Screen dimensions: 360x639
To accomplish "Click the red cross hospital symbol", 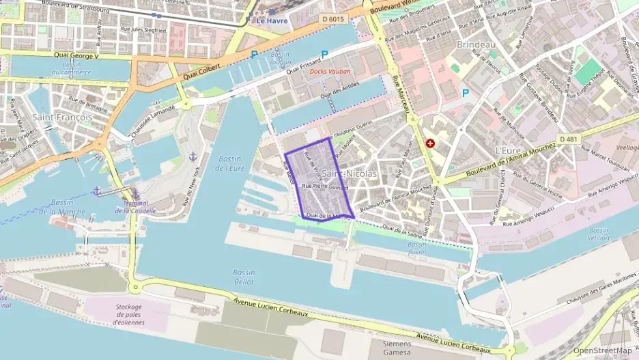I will click(x=430, y=143).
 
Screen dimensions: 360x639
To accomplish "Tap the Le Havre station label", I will click(x=272, y=20).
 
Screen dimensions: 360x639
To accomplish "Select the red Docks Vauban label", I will click(x=330, y=71).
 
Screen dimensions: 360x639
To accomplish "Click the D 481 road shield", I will click(x=567, y=139).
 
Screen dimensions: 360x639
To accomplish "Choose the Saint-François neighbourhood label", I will click(x=62, y=117).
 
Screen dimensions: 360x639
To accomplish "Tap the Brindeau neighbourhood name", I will click(x=475, y=44).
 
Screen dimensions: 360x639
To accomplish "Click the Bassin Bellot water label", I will click(x=244, y=277).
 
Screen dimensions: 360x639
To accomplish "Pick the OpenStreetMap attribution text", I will click(x=602, y=350).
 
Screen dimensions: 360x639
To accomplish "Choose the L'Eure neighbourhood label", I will click(x=508, y=150).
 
